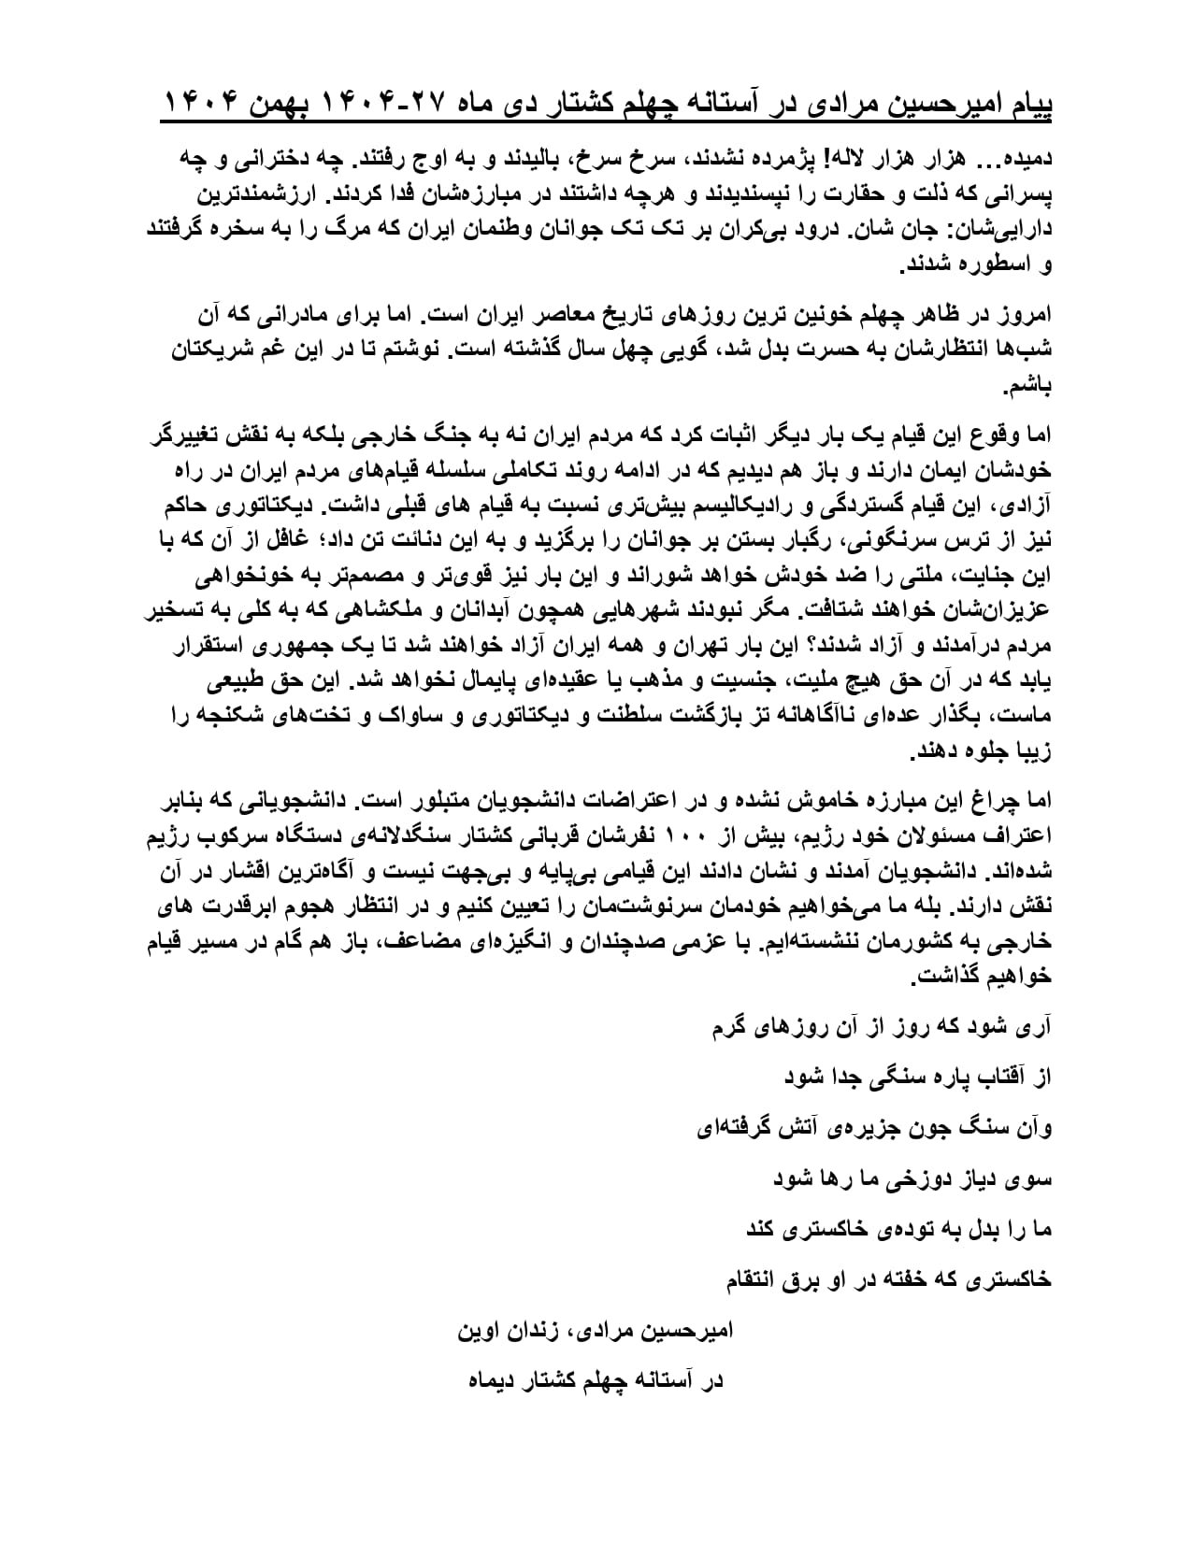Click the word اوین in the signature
tap(480, 1331)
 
